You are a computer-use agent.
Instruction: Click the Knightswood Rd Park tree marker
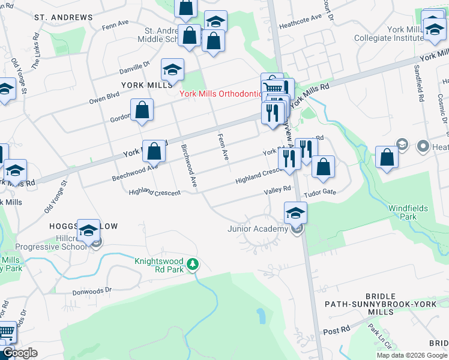193,264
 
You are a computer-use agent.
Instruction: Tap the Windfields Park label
408,212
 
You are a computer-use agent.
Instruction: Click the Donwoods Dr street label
92,289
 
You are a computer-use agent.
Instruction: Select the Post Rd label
336,331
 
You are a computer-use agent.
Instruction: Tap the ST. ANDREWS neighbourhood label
64,17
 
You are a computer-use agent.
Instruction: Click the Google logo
20,353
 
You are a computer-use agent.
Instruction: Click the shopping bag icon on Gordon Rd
142,110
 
